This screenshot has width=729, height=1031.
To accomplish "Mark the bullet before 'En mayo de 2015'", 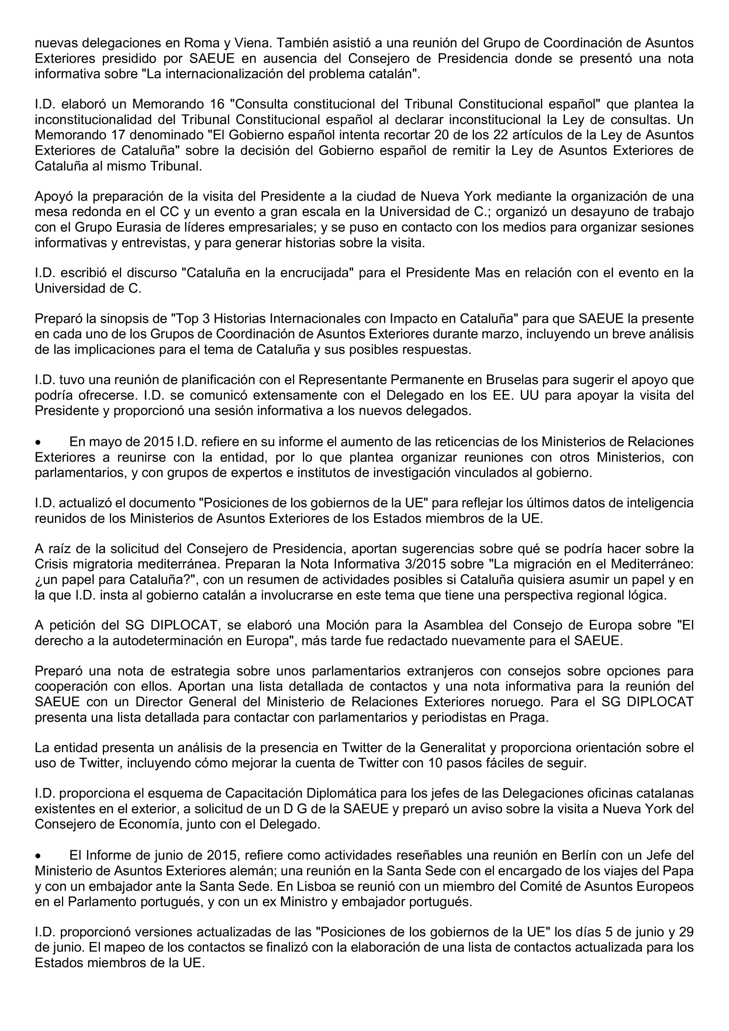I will [x=39, y=442].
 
